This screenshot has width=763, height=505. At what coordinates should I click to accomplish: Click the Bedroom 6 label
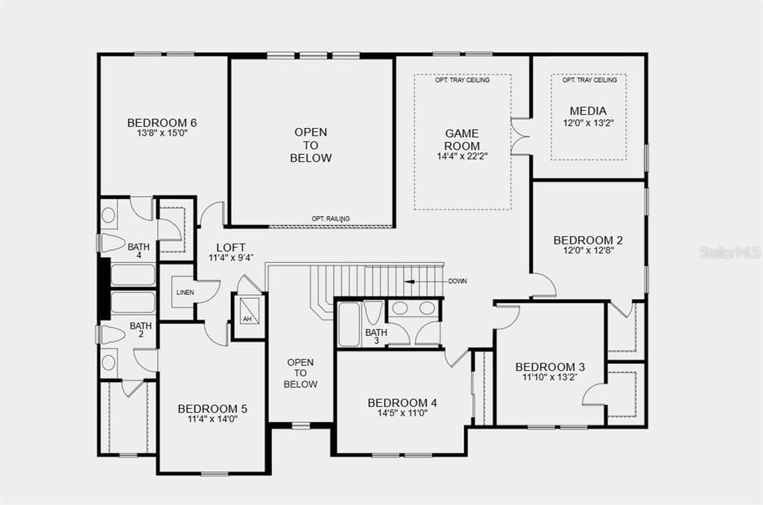coord(162,123)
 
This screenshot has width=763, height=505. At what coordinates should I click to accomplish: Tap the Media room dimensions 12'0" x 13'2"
coord(589,123)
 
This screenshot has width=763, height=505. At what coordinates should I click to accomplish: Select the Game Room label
coord(462,139)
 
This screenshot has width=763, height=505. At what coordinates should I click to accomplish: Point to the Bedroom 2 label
coord(589,241)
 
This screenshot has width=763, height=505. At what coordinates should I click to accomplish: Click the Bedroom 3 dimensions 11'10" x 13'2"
coord(550,377)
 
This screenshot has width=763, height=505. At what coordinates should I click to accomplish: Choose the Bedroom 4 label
coord(402,403)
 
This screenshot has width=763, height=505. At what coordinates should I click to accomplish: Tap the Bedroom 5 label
coord(212,409)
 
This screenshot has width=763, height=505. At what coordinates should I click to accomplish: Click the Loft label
coord(231,247)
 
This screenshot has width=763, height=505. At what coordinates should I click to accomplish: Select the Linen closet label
coord(186,293)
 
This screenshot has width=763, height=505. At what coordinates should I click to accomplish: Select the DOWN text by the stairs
coord(458,282)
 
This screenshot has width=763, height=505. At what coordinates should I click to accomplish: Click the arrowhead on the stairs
coord(410,282)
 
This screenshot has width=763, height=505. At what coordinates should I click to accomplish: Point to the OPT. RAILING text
coord(331,219)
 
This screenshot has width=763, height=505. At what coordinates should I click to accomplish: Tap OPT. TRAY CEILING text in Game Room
coord(462,80)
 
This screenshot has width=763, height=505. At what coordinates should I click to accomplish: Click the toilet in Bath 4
coord(113,243)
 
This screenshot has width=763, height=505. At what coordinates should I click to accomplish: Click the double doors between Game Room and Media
coord(521,136)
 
